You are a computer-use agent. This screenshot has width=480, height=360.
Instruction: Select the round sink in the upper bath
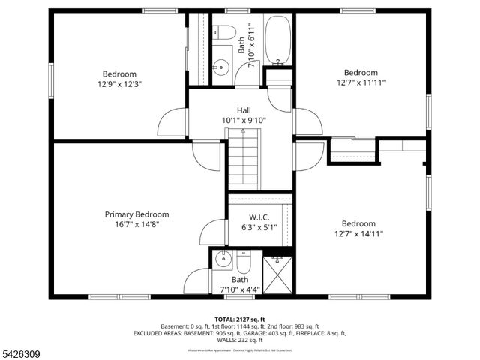220,67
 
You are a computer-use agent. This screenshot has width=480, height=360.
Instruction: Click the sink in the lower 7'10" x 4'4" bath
221,260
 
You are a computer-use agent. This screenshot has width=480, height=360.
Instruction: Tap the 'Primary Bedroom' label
136,214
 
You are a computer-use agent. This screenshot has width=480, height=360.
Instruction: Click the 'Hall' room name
244,109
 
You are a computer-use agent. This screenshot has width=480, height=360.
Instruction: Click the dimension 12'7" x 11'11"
361,82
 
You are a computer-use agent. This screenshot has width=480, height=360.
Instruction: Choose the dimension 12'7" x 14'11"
358,233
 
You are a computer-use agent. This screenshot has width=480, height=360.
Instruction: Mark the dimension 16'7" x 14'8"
136,224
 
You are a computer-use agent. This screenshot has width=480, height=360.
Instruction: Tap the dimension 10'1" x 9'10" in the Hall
244,120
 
